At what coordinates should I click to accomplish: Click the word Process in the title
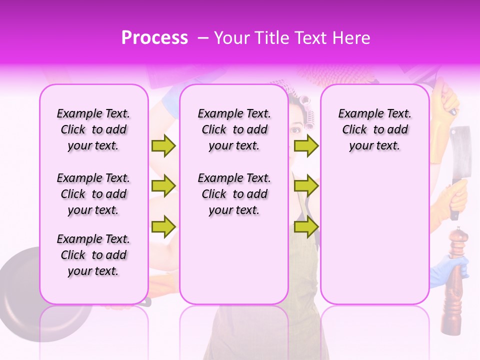[x=154, y=38]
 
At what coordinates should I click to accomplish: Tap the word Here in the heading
[x=351, y=38]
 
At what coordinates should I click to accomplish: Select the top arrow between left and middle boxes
[x=163, y=145]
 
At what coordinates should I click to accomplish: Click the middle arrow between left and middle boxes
[x=163, y=186]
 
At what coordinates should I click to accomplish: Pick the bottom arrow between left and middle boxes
[x=163, y=226]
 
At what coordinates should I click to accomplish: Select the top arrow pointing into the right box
[x=306, y=145]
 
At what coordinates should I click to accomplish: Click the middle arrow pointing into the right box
[x=306, y=186]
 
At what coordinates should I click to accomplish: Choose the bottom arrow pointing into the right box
[x=306, y=226]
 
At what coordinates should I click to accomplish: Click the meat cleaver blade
[x=460, y=150]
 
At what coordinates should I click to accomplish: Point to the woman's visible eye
[x=295, y=130]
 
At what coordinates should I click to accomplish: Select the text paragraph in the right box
[x=374, y=129]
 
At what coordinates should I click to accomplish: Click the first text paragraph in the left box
[x=93, y=129]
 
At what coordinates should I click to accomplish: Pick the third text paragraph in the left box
[x=93, y=255]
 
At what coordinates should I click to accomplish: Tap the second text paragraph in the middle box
[x=234, y=194]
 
